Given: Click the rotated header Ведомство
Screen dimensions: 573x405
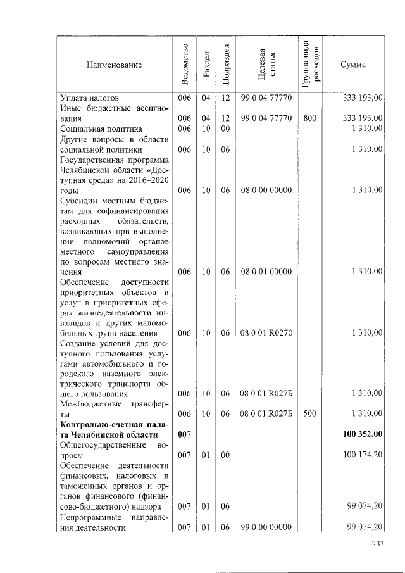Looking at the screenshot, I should pyautogui.click(x=184, y=65).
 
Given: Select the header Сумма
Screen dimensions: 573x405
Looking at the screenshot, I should pyautogui.click(x=353, y=65).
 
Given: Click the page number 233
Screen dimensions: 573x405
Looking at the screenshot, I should pyautogui.click(x=378, y=543).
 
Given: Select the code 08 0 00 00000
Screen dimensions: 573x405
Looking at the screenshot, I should pyautogui.click(x=266, y=190).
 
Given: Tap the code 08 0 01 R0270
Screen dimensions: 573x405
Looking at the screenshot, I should pyautogui.click(x=266, y=332).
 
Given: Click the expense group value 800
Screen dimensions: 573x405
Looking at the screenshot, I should pyautogui.click(x=310, y=118).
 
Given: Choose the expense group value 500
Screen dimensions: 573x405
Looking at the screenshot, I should pyautogui.click(x=310, y=413).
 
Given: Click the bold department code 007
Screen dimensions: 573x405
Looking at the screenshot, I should pyautogui.click(x=184, y=435).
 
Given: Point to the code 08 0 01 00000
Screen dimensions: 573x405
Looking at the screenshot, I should pyautogui.click(x=266, y=272).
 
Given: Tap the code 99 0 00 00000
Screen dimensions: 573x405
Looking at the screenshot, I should pyautogui.click(x=266, y=527).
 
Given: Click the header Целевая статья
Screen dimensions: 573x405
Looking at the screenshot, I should pyautogui.click(x=266, y=65).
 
